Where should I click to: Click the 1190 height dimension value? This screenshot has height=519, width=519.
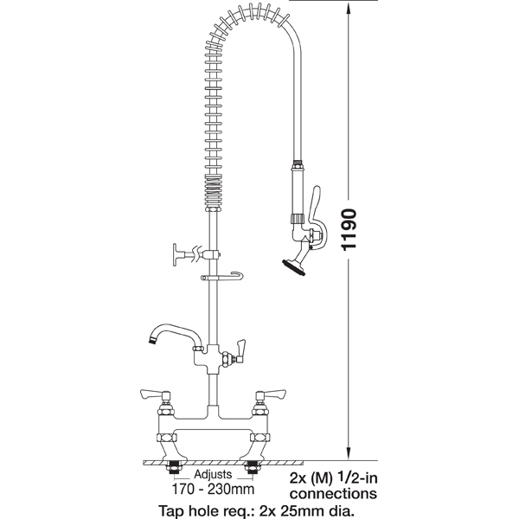point(349,229)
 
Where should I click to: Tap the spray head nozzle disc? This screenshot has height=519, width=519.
point(293,267)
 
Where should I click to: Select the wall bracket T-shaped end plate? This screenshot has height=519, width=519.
point(175,254)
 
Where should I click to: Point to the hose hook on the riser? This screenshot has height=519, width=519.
point(221,277)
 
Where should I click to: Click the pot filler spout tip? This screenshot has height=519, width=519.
point(152,340)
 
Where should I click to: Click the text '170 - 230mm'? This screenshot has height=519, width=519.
point(213,489)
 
